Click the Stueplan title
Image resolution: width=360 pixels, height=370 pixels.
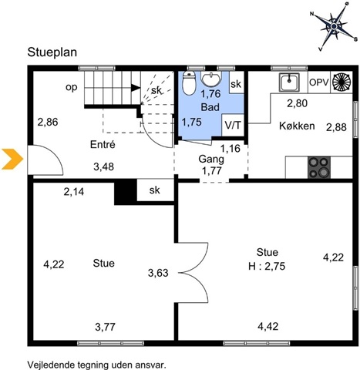coord(52,52)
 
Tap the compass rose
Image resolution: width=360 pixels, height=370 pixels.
coord(334,26)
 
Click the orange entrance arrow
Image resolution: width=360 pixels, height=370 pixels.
coord(12,159)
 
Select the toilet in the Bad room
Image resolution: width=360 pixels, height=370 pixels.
coord(189,82)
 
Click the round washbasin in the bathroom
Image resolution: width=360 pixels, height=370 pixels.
coord(211,79)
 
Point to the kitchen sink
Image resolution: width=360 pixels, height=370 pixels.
coord(289,82)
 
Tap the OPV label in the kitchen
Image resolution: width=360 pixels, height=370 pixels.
coord(319,82)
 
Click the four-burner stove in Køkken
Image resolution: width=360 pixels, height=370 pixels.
coord(319,167)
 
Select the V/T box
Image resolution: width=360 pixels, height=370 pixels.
coord(233,125)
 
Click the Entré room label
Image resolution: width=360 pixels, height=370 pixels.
coord(103,144)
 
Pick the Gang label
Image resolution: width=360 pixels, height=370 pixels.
coord(211,160)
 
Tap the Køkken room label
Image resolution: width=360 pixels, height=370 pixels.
coord(297,126)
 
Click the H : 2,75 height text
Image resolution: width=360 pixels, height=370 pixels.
coord(267,266)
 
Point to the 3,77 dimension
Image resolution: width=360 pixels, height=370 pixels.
coord(105,327)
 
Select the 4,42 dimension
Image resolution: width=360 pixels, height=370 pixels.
coord(268,326)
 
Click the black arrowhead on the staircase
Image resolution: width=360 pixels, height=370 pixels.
coord(136,88)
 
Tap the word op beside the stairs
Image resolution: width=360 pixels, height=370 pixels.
coord(72,88)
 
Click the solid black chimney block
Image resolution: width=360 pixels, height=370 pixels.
coord(126,192)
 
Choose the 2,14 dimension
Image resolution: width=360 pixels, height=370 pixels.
coord(74,192)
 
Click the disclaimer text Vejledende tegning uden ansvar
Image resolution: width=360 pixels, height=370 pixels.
coord(96,365)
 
